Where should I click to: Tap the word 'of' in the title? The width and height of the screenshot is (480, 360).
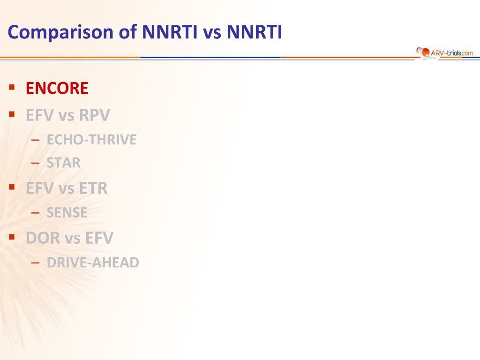click(127, 32)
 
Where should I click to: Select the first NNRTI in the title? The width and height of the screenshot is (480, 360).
click(170, 32)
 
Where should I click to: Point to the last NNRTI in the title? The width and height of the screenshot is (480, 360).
click(254, 32)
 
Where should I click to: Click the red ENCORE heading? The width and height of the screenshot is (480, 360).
click(57, 88)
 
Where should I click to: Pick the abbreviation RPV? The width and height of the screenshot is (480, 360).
click(94, 115)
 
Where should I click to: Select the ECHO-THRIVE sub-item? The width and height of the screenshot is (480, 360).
click(91, 140)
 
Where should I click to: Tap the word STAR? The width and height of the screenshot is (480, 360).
click(63, 163)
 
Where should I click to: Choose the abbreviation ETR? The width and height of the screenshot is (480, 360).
click(93, 188)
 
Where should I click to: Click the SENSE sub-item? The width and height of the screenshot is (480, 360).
click(67, 212)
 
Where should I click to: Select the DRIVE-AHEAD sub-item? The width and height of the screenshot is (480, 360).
click(93, 262)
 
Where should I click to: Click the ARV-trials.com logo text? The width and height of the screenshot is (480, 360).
click(452, 53)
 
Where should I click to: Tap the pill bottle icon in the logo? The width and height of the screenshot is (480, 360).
click(423, 52)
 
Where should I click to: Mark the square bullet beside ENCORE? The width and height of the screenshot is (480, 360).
click(12, 87)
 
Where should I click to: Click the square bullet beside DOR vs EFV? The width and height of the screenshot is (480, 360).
click(12, 237)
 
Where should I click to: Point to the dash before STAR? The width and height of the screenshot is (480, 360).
click(35, 163)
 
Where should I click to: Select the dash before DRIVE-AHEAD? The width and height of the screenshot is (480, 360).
click(35, 262)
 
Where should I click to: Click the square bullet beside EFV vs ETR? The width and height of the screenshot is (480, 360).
click(12, 187)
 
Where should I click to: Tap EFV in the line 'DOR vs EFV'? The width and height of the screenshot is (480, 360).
click(99, 238)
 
